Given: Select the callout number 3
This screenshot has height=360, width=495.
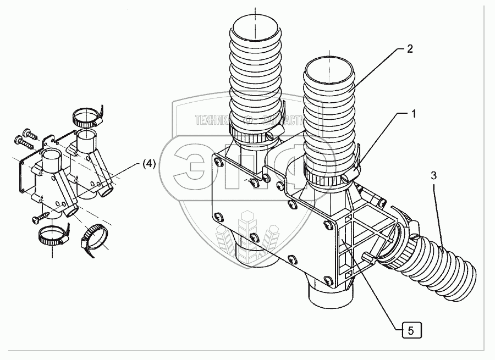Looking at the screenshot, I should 433,176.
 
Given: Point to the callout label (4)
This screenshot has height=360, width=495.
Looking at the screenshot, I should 148,163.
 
